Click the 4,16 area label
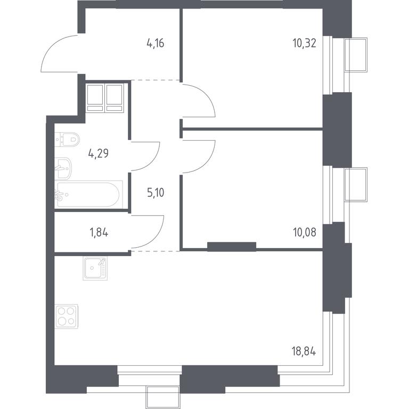[x=156, y=43]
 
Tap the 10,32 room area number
[x=305, y=43]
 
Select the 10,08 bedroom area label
[x=305, y=232]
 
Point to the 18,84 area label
[x=304, y=351]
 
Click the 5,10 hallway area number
[x=156, y=193]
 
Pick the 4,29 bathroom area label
[x=99, y=153]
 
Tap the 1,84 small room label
[x=99, y=232]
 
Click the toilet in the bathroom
[x=67, y=139]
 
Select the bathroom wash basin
[x=63, y=168]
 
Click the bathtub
[x=89, y=194]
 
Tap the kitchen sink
[x=95, y=268]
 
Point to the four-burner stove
[x=67, y=316]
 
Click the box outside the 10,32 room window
[x=356, y=54]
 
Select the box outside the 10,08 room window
[x=356, y=184]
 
